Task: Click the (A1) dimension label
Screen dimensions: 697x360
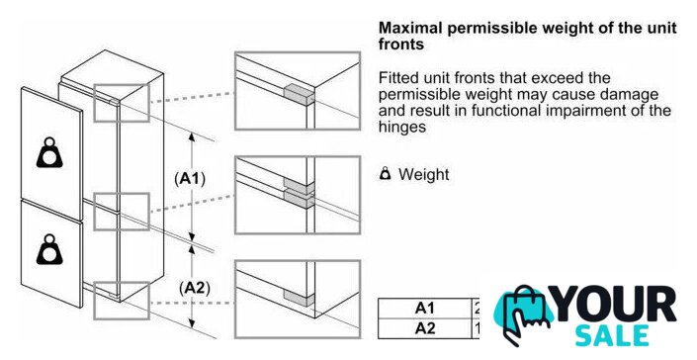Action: click(x=190, y=179)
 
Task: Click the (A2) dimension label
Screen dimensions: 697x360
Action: click(x=194, y=289)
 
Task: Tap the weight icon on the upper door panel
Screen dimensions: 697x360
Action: click(x=49, y=152)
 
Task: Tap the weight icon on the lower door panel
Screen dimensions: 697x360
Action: click(x=49, y=249)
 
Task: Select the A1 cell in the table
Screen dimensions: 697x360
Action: click(x=424, y=308)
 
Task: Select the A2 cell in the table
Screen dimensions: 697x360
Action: click(x=424, y=328)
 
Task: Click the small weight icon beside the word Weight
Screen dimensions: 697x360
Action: click(x=386, y=174)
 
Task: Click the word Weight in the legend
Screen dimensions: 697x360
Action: click(x=423, y=174)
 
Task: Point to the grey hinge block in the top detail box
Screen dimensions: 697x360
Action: click(x=299, y=95)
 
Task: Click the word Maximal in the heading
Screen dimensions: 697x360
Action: click(x=410, y=28)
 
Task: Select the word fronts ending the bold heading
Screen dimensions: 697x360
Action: click(x=401, y=45)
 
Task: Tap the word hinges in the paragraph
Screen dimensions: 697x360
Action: click(x=401, y=128)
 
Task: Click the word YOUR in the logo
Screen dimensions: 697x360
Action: click(x=615, y=306)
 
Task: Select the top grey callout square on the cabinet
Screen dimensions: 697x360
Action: click(x=122, y=102)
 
